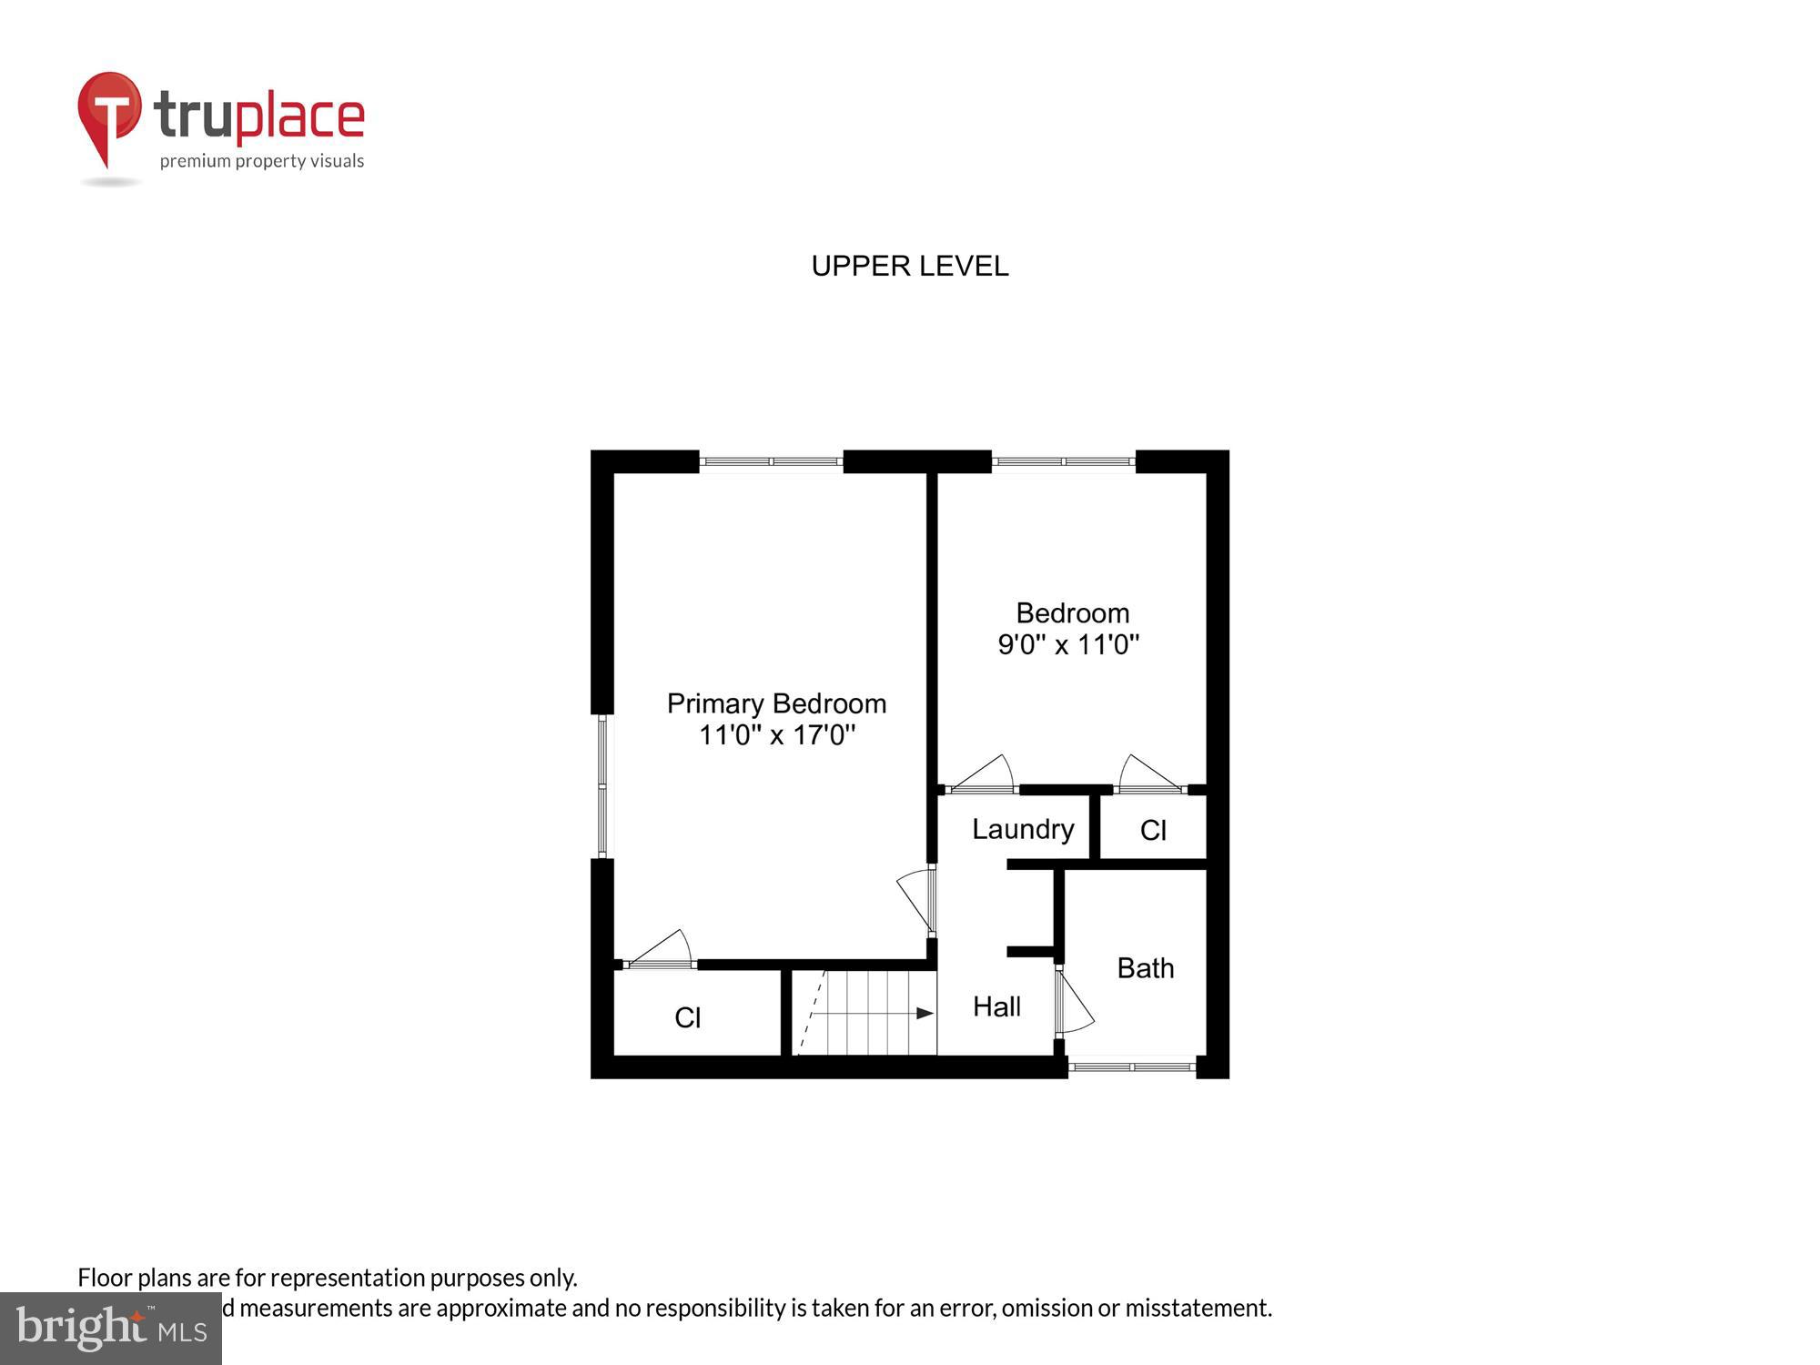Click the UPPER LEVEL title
coord(909,266)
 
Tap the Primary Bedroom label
coord(776,703)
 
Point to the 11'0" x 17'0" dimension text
coord(776,734)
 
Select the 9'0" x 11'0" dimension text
coord(1068,644)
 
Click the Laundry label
coord(1023,829)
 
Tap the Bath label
coord(1145,967)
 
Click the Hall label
coord(996,1006)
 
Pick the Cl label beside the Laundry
coord(1153,830)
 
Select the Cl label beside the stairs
coord(688,1017)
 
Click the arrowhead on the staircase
coord(925,1013)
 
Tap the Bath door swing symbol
coord(1074,1002)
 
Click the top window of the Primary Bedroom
coord(771,462)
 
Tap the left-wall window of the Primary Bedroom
coord(602,786)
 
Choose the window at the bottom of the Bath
coord(1131,1067)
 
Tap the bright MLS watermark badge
coord(111,1328)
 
